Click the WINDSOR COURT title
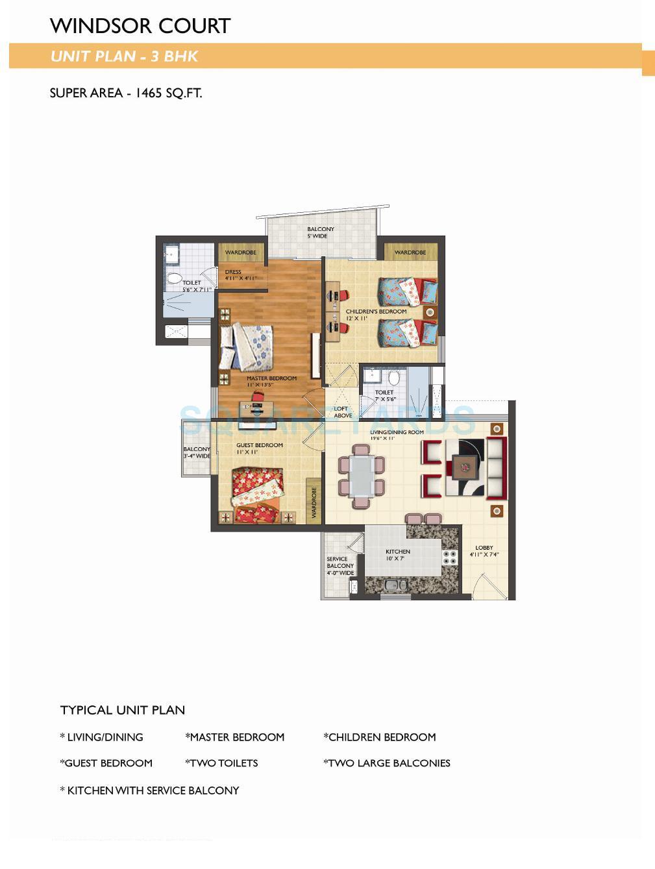pos(140,26)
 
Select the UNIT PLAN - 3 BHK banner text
pos(124,56)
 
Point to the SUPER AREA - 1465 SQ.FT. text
pos(126,93)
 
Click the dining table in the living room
pos(361,475)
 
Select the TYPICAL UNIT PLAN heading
pos(123,710)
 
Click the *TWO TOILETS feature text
pos(221,763)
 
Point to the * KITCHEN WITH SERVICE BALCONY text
pos(149,790)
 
